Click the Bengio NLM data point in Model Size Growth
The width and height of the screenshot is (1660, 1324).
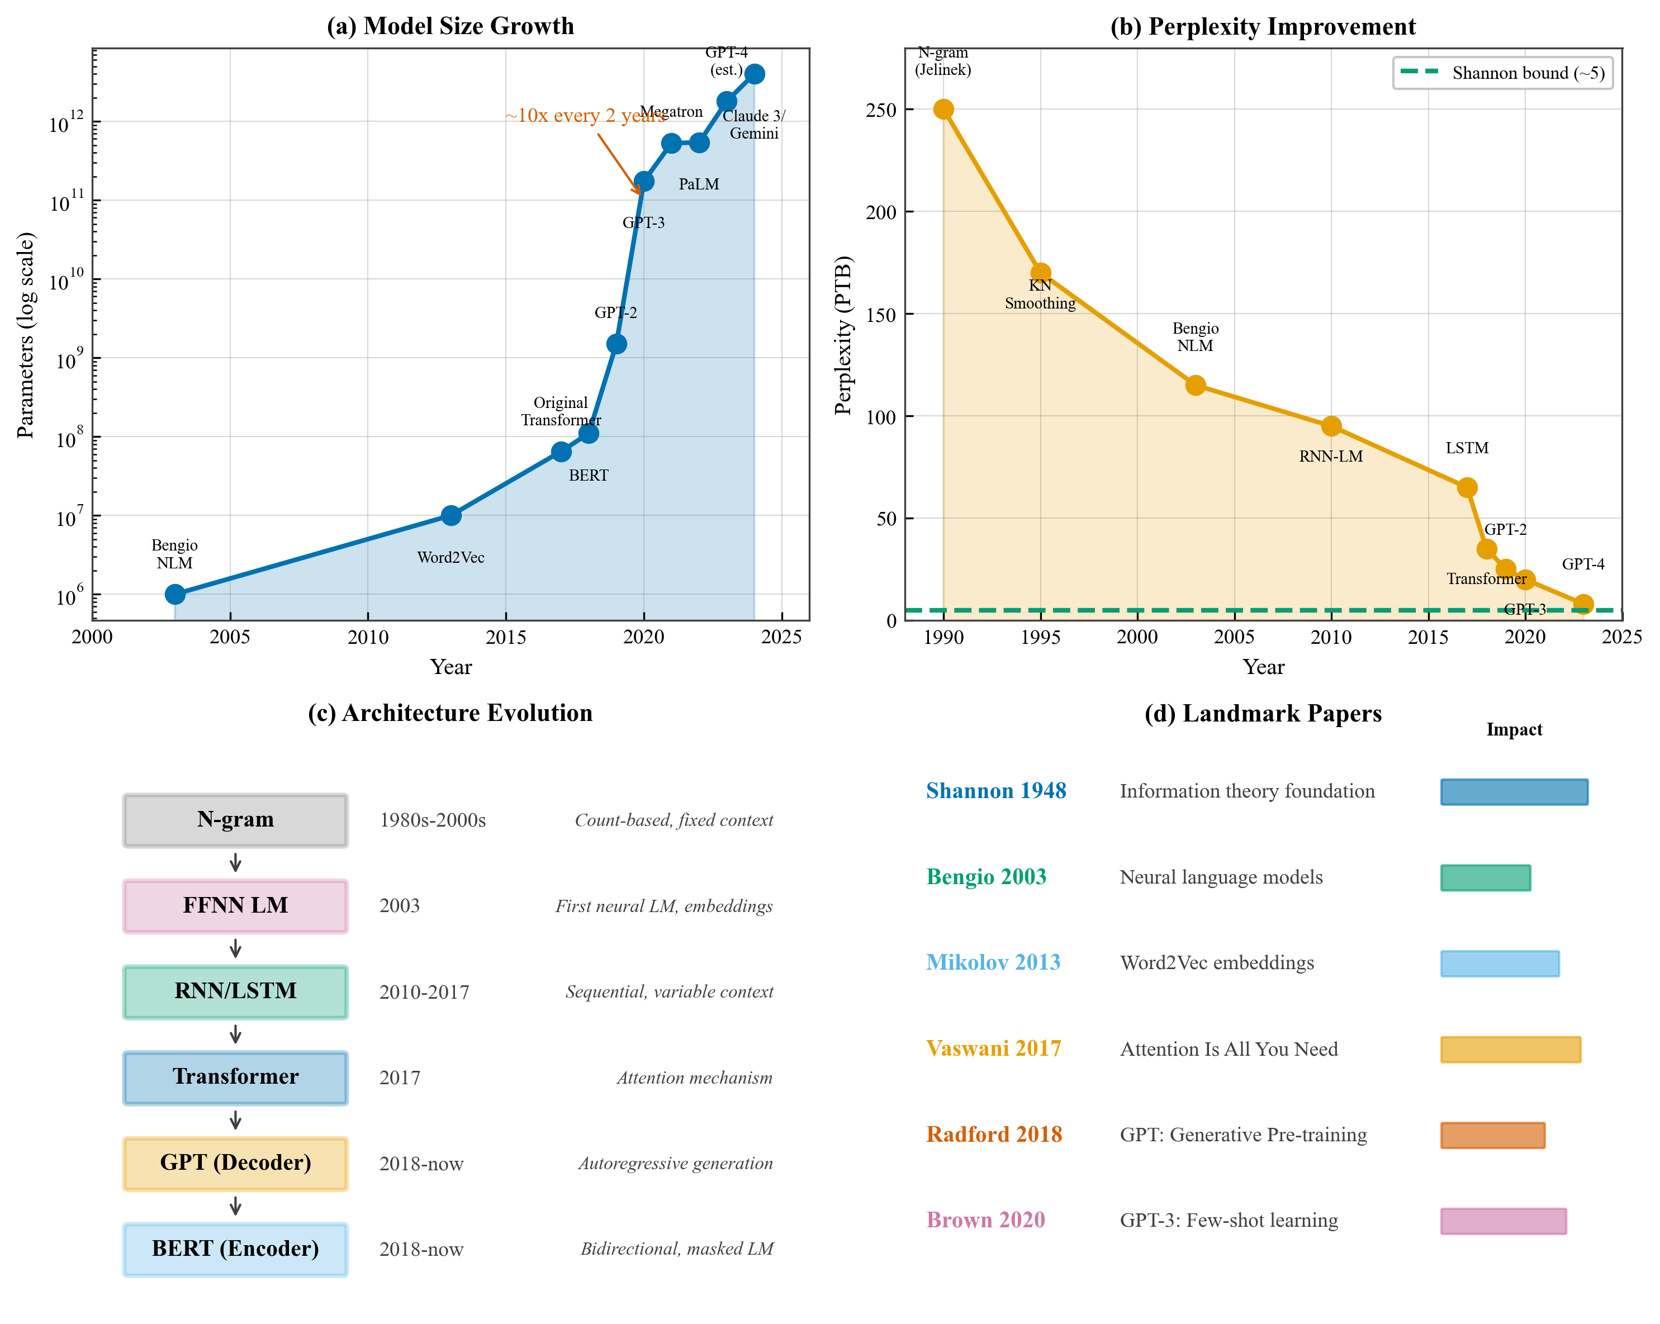point(175,594)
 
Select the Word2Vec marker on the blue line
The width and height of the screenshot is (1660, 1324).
point(451,515)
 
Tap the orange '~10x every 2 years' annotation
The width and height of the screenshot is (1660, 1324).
point(585,116)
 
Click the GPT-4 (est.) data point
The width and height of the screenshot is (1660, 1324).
point(755,74)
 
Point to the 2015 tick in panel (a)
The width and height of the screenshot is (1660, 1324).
point(505,637)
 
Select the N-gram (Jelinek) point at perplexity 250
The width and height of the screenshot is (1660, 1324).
point(943,110)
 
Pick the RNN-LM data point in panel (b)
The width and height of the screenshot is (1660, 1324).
point(1331,426)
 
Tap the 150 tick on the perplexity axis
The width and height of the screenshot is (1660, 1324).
point(881,315)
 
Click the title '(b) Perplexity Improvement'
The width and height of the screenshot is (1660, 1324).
point(1263,26)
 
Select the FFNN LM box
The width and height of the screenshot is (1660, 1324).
point(236,906)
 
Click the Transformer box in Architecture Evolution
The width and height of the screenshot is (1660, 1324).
point(236,1077)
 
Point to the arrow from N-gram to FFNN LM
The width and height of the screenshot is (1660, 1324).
point(236,863)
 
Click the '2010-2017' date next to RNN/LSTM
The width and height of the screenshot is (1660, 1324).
point(424,992)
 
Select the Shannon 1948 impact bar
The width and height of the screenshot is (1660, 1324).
point(1514,791)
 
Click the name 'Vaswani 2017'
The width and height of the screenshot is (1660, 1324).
point(993,1048)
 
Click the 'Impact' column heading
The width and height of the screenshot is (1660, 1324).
point(1514,730)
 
